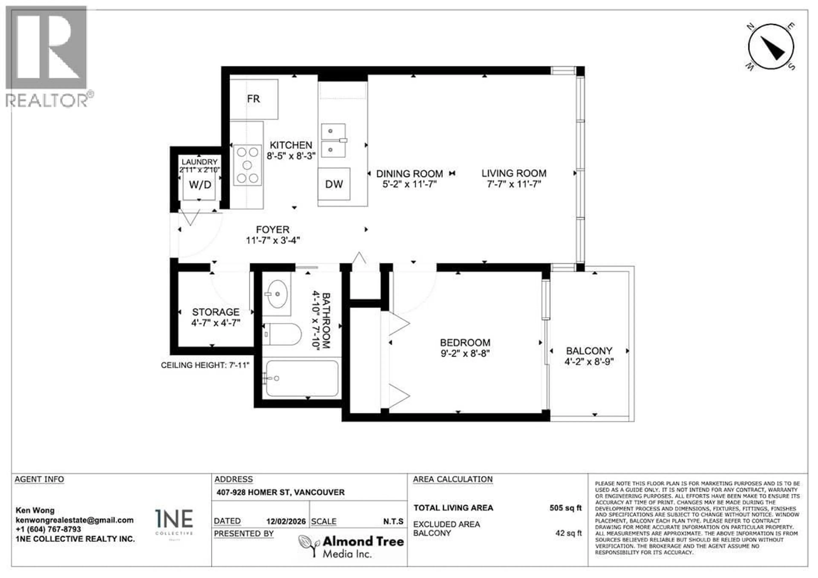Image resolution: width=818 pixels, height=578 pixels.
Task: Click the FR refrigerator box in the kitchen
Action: pos(254,99)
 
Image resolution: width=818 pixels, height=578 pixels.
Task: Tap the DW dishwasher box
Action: pos(334,184)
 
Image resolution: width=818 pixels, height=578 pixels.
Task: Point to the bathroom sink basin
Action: pos(277,294)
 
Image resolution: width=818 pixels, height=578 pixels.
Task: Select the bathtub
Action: pos(302,378)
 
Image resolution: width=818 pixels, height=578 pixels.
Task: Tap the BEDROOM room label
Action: pos(465,343)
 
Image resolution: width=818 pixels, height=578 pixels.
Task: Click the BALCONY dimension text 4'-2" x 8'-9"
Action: pos(589,362)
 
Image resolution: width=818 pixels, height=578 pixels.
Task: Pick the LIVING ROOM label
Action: pos(514,173)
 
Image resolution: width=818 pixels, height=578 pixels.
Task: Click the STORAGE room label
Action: pos(216,312)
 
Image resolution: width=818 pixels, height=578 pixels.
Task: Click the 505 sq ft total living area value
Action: pos(565,508)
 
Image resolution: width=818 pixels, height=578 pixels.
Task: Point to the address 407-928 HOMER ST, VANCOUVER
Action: pos(280,492)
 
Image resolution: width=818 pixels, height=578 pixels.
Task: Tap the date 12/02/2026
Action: pos(286,521)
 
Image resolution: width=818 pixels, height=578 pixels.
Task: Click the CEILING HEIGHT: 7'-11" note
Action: pos(205,366)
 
